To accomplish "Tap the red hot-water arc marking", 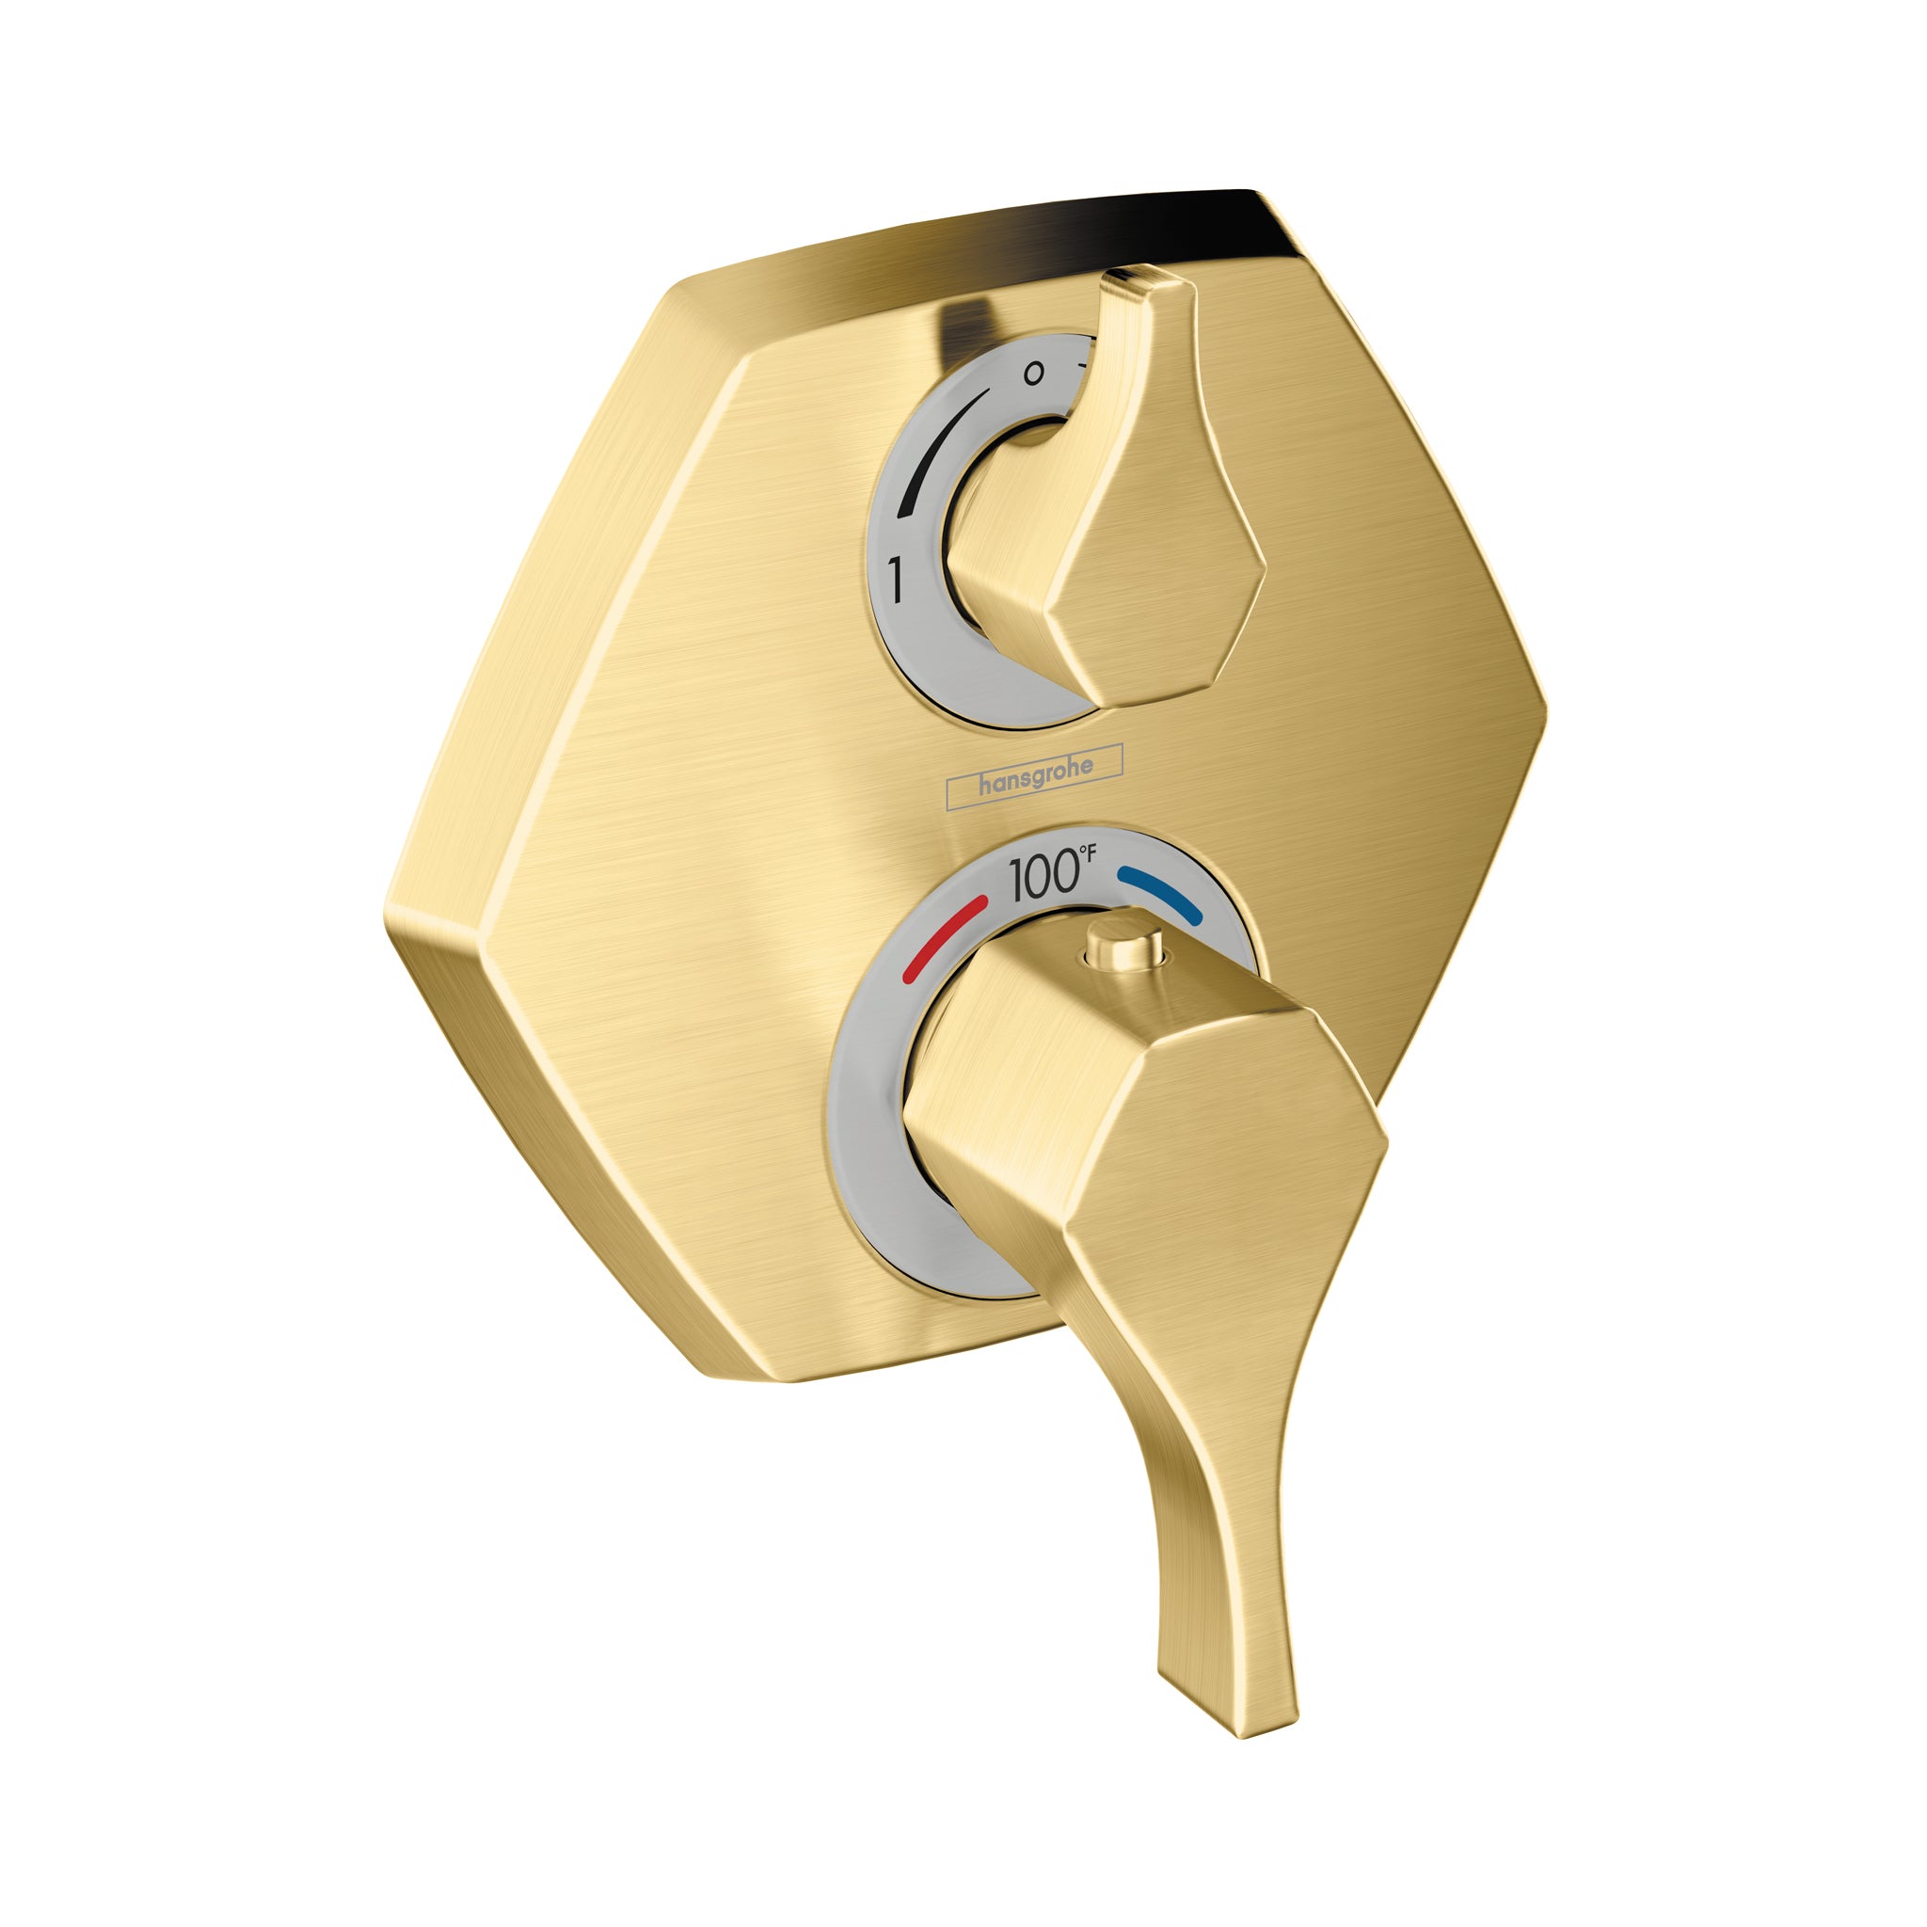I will coord(944,936).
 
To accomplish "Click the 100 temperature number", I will coord(1043,877).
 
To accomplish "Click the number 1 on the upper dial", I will coord(897,580).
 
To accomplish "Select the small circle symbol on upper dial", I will coord(1034,374).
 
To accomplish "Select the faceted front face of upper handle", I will coord(1167,559).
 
